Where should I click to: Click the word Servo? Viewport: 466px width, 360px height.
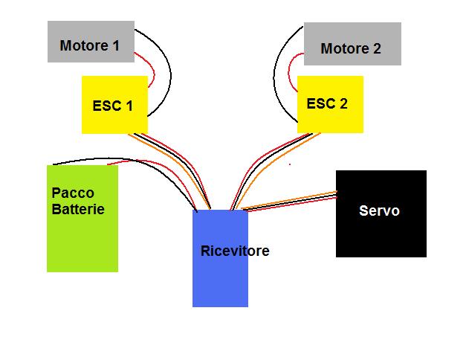coord(379,211)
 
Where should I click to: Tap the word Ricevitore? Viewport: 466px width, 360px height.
coord(235,251)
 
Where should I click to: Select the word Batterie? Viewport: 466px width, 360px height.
coord(78,209)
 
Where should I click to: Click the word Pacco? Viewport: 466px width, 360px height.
coord(73,193)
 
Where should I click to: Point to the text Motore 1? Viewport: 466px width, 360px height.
coord(89,46)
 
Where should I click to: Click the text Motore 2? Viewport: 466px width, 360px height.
coord(351,49)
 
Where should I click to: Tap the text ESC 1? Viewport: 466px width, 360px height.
coord(113,106)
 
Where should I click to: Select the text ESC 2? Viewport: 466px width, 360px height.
coord(327,104)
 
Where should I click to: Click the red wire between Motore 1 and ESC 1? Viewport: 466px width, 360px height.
coord(152,71)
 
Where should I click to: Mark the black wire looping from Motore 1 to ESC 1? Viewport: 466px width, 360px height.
coord(170,74)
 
